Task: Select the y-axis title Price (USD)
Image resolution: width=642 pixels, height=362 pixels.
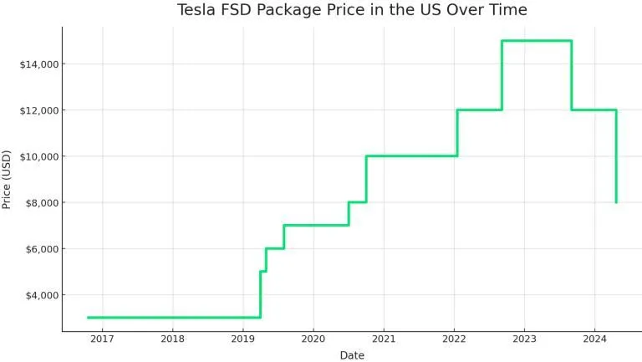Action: click(x=7, y=179)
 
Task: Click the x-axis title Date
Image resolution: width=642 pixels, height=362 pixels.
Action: click(x=352, y=355)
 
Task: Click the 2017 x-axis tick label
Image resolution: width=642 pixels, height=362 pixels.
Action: click(x=102, y=339)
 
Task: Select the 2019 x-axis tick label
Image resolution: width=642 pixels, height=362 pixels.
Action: click(x=242, y=339)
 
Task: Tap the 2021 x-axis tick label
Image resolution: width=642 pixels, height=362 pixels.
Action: click(x=384, y=339)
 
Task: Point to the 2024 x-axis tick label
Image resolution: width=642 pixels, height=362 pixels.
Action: click(x=594, y=339)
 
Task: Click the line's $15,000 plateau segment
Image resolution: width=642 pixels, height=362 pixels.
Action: click(x=537, y=40)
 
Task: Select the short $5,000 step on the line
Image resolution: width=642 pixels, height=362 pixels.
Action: click(x=262, y=271)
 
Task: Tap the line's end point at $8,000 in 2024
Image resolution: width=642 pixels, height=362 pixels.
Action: click(x=616, y=201)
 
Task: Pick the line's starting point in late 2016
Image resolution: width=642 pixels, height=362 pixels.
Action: click(x=88, y=317)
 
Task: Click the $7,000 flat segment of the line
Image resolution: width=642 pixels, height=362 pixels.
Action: click(x=316, y=225)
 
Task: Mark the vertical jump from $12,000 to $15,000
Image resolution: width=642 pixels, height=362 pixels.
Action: click(x=502, y=75)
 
